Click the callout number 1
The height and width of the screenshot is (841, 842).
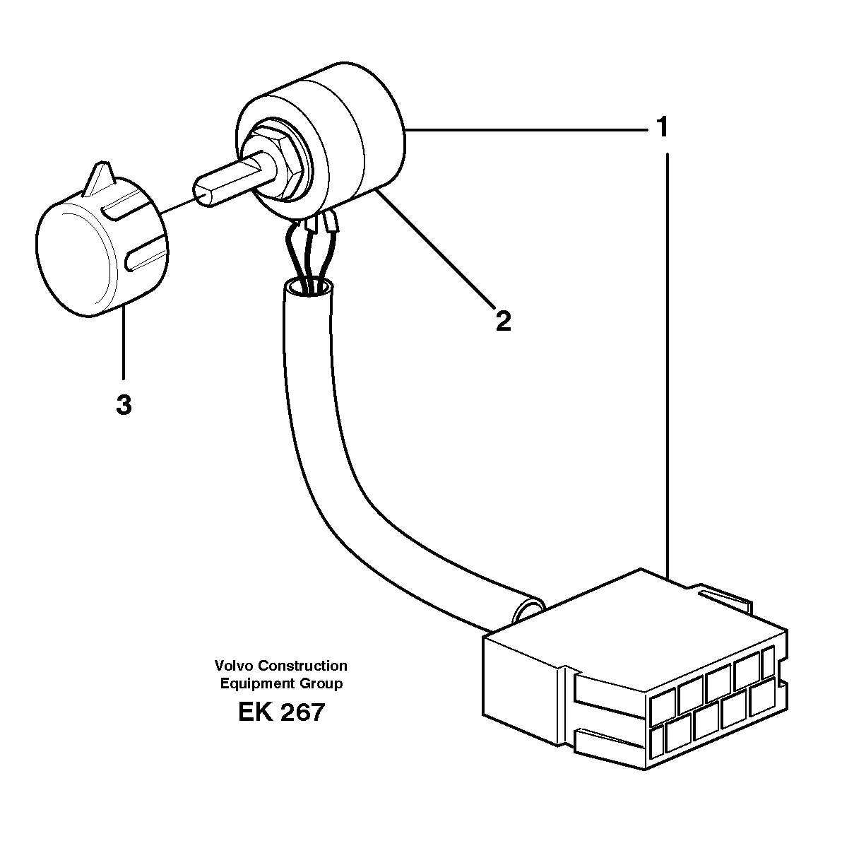tap(661, 128)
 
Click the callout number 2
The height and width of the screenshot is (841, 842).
tap(502, 322)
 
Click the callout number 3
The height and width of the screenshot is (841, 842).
tap(124, 406)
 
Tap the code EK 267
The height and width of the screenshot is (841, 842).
tap(281, 712)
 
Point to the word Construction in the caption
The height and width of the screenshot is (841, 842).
tap(303, 666)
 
